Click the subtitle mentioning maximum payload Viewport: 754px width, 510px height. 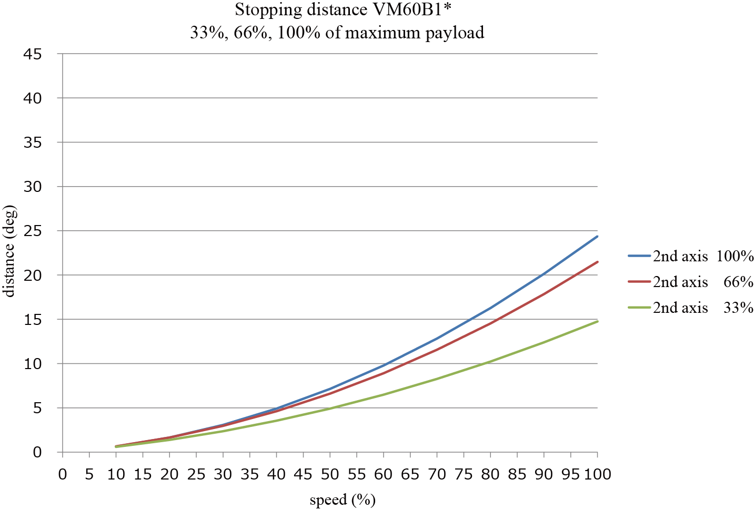click(337, 33)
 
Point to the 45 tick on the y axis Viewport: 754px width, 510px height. click(33, 54)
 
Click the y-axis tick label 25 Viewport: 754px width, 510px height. click(33, 231)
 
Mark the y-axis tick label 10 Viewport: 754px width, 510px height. click(33, 364)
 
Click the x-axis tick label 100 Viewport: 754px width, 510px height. click(597, 475)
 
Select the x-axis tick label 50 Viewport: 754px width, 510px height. click(330, 475)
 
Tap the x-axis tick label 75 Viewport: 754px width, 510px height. click(464, 475)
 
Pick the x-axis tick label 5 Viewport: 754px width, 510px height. click(89, 475)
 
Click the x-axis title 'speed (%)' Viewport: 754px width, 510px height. click(343, 499)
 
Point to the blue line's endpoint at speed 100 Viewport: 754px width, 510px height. click(597, 237)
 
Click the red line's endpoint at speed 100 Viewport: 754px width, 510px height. click(597, 262)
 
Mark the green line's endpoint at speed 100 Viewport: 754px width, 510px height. click(597, 321)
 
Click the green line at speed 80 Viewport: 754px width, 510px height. click(490, 362)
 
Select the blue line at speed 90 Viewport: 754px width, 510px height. click(544, 274)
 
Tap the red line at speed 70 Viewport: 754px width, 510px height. click(437, 350)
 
